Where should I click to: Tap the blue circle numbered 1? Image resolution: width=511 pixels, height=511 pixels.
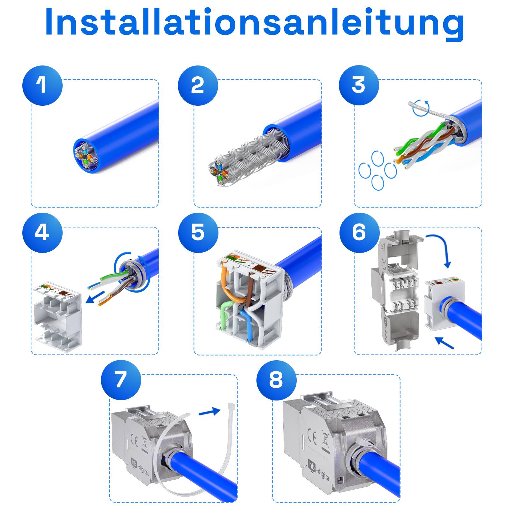tap(42, 86)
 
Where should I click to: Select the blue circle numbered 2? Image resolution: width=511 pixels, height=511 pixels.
tap(198, 86)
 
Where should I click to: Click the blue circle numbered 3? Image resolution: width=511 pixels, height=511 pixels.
tap(359, 86)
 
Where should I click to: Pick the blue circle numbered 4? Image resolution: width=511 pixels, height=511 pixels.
tap(42, 233)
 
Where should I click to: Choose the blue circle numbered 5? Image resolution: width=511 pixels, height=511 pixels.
tap(198, 233)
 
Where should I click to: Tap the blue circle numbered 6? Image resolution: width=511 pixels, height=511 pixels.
tap(359, 233)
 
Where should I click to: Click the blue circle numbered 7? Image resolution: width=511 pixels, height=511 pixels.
tap(121, 380)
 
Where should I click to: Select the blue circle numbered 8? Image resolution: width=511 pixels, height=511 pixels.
tap(276, 380)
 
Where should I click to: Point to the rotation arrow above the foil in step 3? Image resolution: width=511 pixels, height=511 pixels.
tap(421, 108)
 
